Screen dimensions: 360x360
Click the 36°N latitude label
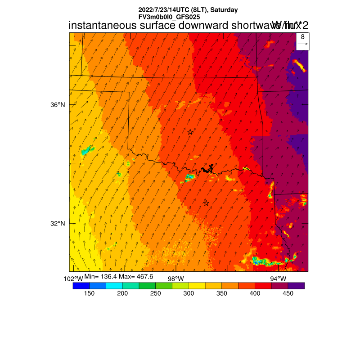[x=58, y=105]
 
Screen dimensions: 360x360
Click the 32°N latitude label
[x=58, y=224]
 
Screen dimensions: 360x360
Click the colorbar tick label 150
[x=89, y=293]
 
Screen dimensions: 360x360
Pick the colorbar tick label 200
[x=122, y=293]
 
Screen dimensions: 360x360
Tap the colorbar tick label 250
[x=155, y=293]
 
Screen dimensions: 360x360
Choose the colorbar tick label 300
[x=189, y=293]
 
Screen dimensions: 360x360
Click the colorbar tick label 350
[x=221, y=293]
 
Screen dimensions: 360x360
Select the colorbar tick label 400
[x=255, y=293]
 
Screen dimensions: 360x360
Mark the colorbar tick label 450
[x=288, y=293]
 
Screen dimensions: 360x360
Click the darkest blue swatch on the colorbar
[x=81, y=285]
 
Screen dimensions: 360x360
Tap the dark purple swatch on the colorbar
[x=296, y=285]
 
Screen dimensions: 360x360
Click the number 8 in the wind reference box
[x=303, y=37]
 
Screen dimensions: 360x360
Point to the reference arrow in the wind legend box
[x=303, y=44]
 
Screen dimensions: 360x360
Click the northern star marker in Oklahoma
[x=190, y=132]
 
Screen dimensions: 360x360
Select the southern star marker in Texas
[x=206, y=203]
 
